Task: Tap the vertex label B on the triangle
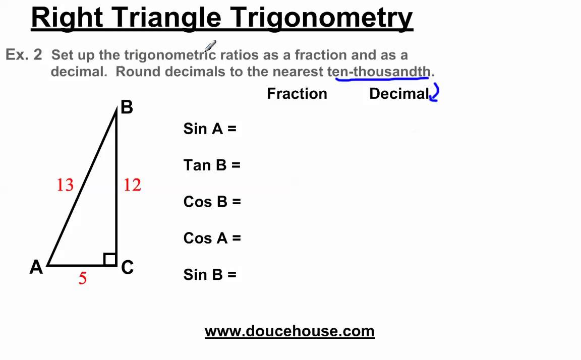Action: coord(127,107)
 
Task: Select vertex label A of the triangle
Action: coord(36,267)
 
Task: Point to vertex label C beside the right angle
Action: coord(128,267)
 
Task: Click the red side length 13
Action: coord(65,185)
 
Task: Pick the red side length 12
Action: coord(132,185)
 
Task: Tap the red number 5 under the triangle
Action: coord(83,278)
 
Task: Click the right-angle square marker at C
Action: coord(110,259)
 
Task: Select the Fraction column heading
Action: coord(297,94)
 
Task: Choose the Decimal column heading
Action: coord(399,94)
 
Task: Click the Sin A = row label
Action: coord(210,129)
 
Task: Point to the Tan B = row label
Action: coord(212,165)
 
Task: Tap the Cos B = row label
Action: coord(212,202)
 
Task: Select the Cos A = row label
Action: coord(212,238)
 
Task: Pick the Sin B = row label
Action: coord(210,274)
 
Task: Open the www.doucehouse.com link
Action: coord(289,331)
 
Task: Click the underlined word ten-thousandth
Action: coord(381,72)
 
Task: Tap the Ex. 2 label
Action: coord(24,55)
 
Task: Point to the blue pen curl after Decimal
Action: coord(435,94)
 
